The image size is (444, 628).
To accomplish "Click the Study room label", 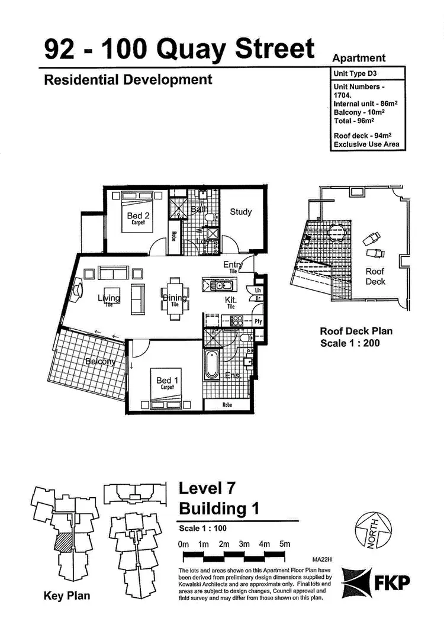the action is pos(241,211).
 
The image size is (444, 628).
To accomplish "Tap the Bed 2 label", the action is pos(138,216).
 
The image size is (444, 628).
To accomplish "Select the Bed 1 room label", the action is pos(164,381).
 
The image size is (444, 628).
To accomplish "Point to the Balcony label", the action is pos(99,361).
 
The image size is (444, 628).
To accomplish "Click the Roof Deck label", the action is pos(375,276).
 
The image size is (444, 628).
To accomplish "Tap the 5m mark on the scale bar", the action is pos(285,545).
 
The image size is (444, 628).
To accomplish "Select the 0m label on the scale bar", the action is pos(183,545).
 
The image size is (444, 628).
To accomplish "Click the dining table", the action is pos(174,298).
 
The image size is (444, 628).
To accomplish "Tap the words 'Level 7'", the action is pos(207,489).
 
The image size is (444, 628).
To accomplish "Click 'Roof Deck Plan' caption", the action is pos(356,331).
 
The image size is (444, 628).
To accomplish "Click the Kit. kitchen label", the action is pos(231,301).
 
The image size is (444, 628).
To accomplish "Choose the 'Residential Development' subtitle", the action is pos(128,79).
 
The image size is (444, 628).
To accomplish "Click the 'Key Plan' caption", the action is pos(67,595).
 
